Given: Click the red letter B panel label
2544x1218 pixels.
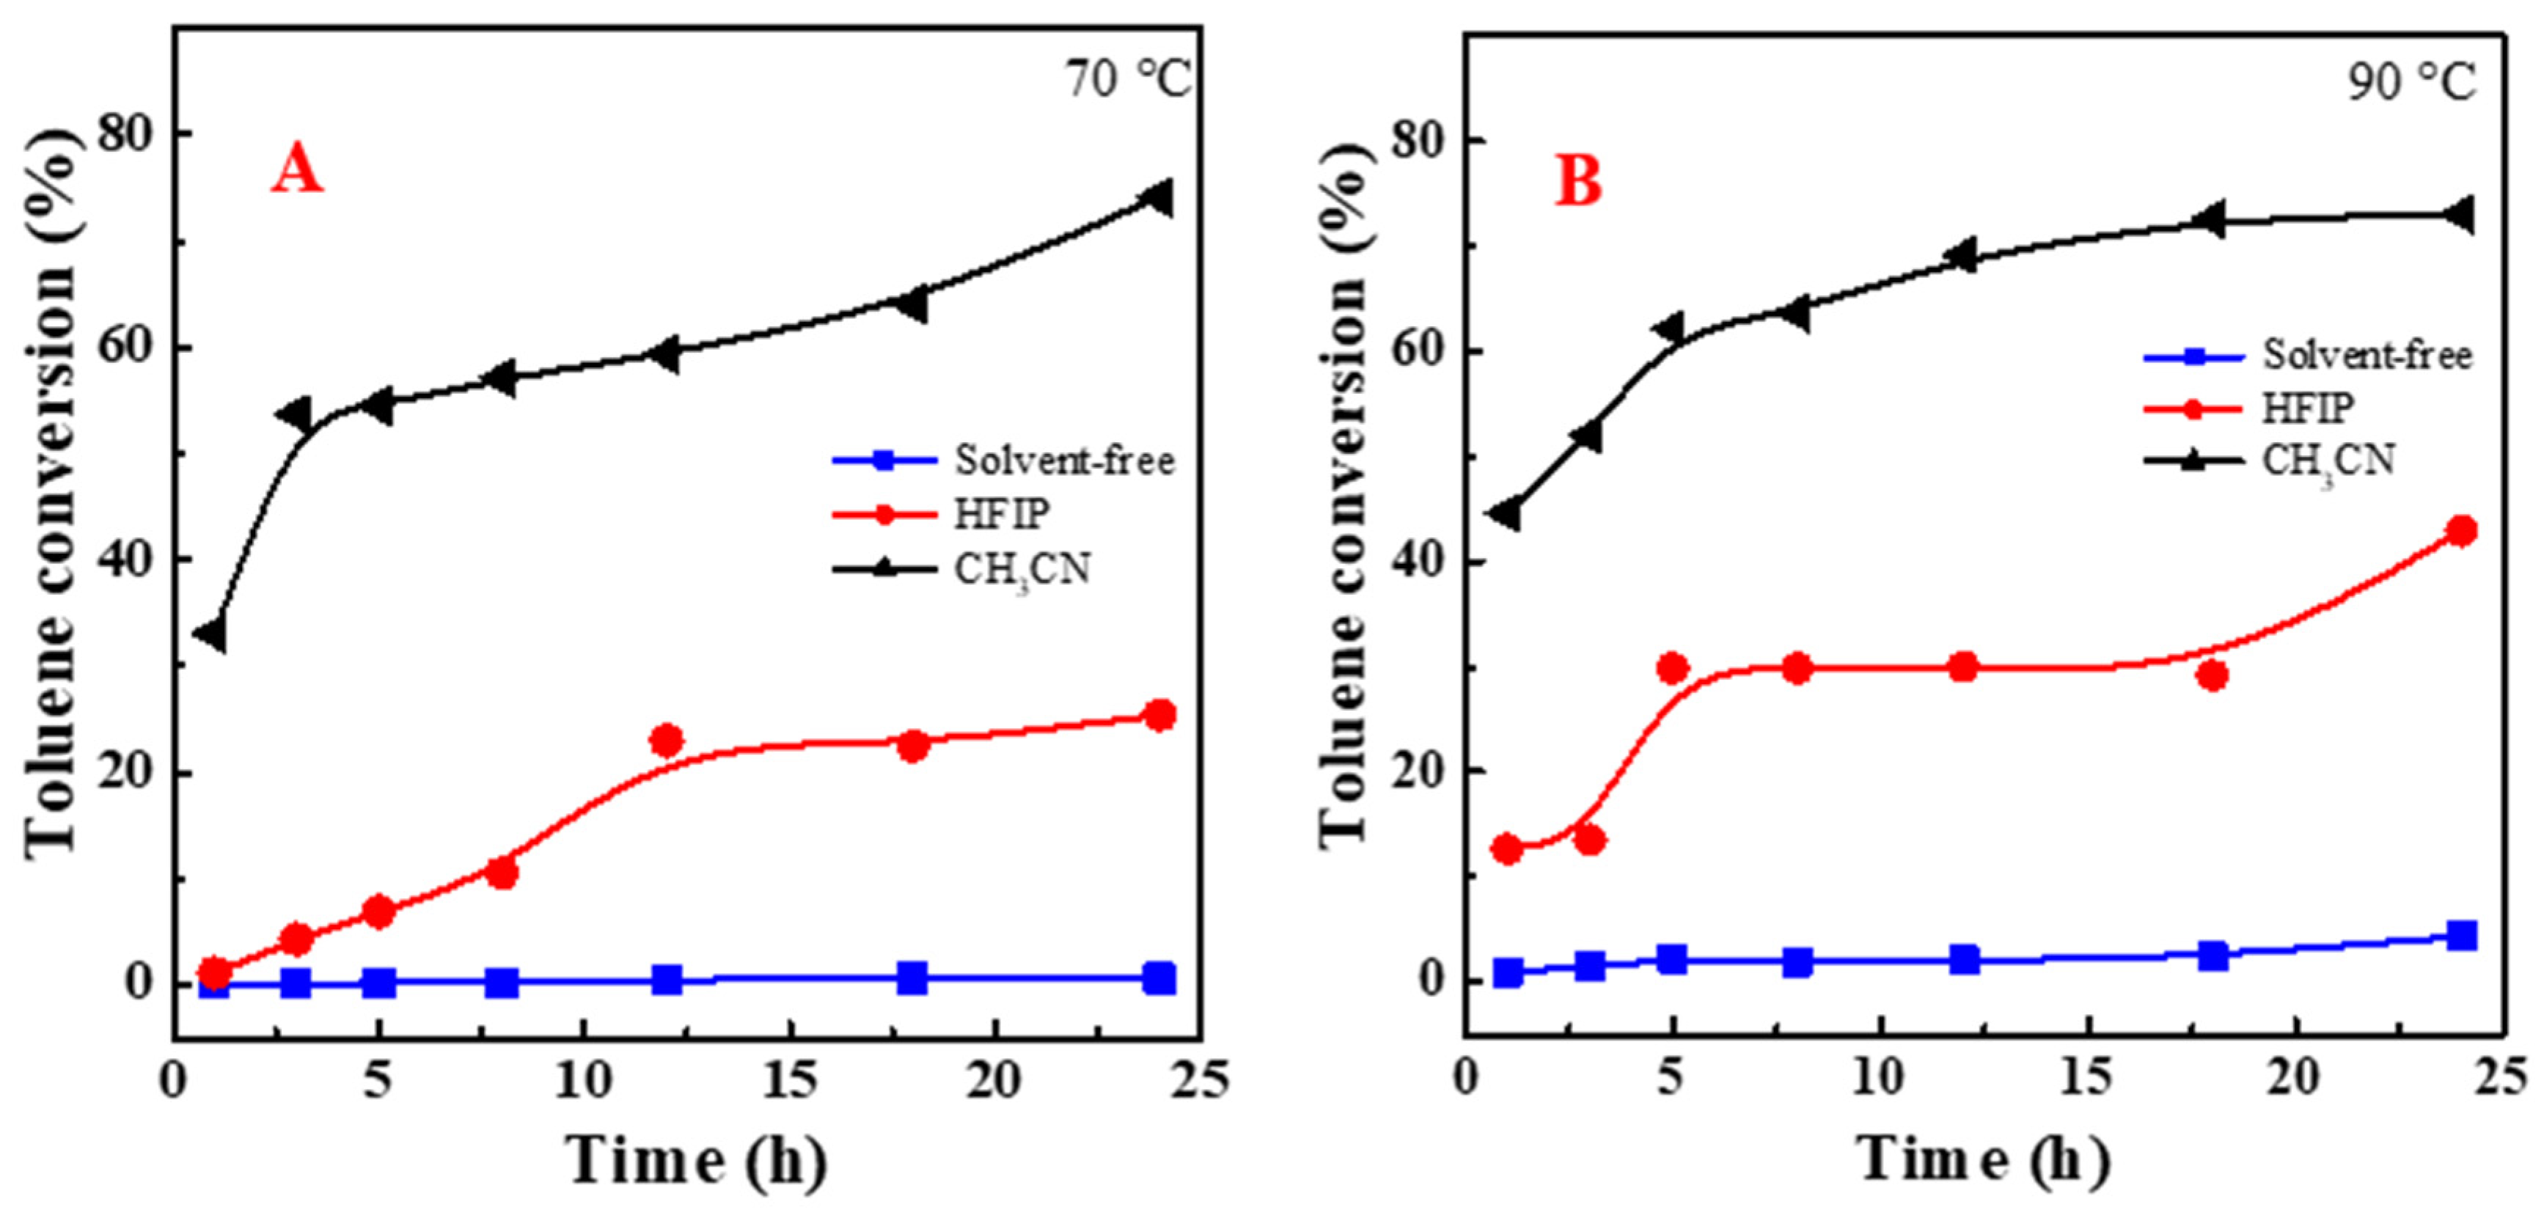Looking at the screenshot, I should (x=1577, y=182).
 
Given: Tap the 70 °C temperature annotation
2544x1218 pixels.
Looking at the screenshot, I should (x=1128, y=79).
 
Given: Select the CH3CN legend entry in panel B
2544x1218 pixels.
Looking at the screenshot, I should (x=2328, y=461).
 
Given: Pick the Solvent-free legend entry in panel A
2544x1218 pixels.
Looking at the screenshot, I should (x=1063, y=461).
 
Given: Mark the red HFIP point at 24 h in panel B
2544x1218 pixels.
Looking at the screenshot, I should (x=2463, y=530).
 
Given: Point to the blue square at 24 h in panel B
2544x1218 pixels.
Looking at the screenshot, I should (x=2463, y=934).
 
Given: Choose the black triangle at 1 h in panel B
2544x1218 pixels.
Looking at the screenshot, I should (x=1507, y=514).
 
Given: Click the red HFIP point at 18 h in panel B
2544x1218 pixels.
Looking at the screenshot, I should (x=2213, y=675).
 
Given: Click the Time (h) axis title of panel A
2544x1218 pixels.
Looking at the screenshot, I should (x=695, y=1162).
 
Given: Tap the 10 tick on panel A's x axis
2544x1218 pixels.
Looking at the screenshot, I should (x=583, y=1082).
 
